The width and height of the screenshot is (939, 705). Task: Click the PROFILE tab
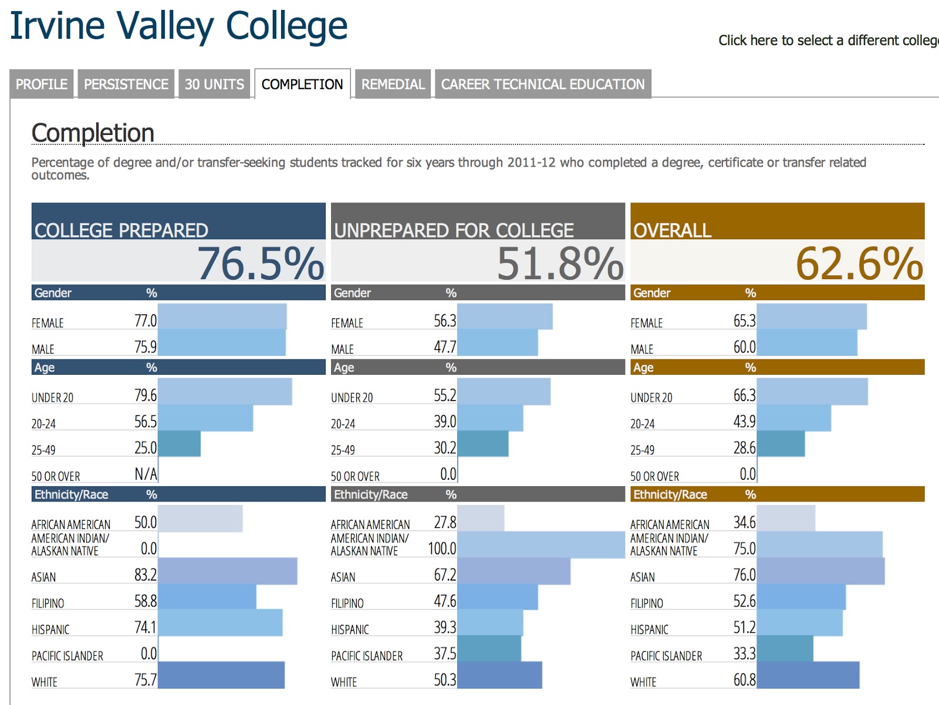pos(41,84)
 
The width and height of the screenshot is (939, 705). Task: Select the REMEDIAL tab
pos(393,84)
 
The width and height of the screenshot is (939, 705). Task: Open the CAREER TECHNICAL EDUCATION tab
pos(543,84)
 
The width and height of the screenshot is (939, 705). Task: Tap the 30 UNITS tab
pos(214,84)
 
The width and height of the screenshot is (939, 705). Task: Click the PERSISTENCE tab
pos(126,84)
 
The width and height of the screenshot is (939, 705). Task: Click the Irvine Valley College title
pos(179,26)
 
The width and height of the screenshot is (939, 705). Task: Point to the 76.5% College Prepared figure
pos(260,263)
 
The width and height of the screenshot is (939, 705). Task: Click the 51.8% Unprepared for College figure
pos(560,263)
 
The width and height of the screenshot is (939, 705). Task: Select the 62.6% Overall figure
pos(859,263)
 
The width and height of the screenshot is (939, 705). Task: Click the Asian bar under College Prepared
pos(228,571)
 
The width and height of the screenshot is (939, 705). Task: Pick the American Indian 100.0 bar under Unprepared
pos(541,545)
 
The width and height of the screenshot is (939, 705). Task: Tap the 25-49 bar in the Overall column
pos(781,444)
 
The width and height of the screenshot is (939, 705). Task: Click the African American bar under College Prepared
pos(200,518)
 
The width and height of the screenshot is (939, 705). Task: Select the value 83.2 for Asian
pos(146,575)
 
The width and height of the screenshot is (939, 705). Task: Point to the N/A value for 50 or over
pos(146,474)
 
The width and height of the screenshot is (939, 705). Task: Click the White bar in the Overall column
pos(808,675)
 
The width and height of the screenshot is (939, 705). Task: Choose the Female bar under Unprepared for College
pos(505,317)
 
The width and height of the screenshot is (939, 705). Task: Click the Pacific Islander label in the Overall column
pos(666,656)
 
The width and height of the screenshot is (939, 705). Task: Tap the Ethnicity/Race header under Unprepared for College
pos(371,494)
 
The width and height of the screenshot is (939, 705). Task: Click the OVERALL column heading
pos(673,231)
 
